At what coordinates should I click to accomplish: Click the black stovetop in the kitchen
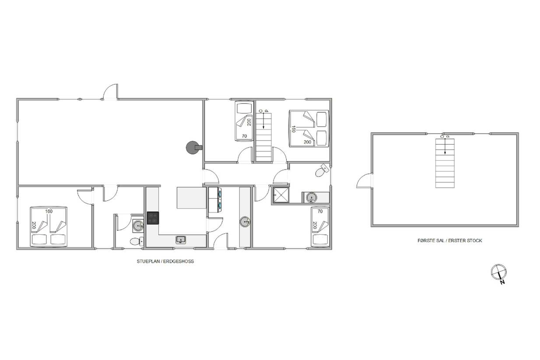coord(153,218)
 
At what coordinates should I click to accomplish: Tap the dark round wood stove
coord(193,148)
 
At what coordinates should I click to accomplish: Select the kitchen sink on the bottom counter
coord(181,240)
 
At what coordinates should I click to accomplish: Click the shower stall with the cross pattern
coord(281,195)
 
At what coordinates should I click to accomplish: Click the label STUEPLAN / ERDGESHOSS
coord(165,261)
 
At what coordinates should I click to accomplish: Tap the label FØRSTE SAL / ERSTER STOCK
coord(449,240)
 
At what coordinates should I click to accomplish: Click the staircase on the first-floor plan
coord(445,163)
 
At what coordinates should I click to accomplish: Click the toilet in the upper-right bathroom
coord(322,171)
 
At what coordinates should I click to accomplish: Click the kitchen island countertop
coord(191,198)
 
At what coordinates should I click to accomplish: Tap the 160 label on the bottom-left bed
coord(49,212)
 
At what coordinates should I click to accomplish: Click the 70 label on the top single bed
coord(245,136)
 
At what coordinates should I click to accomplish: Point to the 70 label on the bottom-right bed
coord(320,212)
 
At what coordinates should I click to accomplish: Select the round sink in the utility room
coord(245,222)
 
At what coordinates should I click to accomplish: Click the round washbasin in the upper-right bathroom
coord(312,198)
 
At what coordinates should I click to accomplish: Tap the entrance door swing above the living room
coord(110,92)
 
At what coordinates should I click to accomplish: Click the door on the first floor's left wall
coord(365,180)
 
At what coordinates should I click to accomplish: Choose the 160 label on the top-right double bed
coord(294,129)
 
